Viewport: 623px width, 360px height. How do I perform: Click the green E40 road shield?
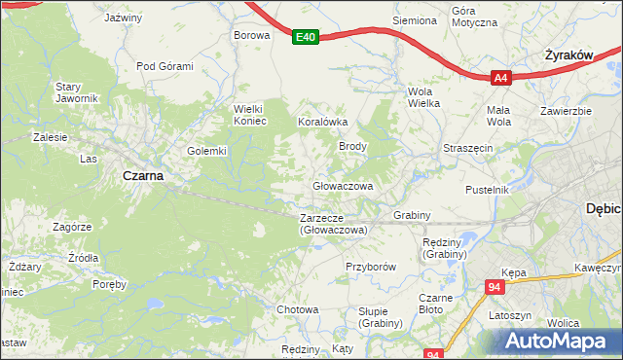point(306,38)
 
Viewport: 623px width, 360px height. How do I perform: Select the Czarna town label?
point(142,176)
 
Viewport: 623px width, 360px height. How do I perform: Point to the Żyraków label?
point(569,55)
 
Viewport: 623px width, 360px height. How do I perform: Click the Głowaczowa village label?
point(343,185)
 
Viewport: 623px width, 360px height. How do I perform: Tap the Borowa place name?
point(250,35)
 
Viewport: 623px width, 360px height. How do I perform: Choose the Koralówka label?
point(322,123)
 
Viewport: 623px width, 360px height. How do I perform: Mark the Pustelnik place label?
point(488,190)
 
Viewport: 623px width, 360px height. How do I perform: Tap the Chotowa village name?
point(298,309)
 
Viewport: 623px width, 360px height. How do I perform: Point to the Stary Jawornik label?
point(77,92)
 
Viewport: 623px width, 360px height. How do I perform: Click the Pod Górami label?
point(165,66)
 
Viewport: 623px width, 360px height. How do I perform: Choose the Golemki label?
point(206,151)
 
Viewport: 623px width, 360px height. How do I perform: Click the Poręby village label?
point(109,285)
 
